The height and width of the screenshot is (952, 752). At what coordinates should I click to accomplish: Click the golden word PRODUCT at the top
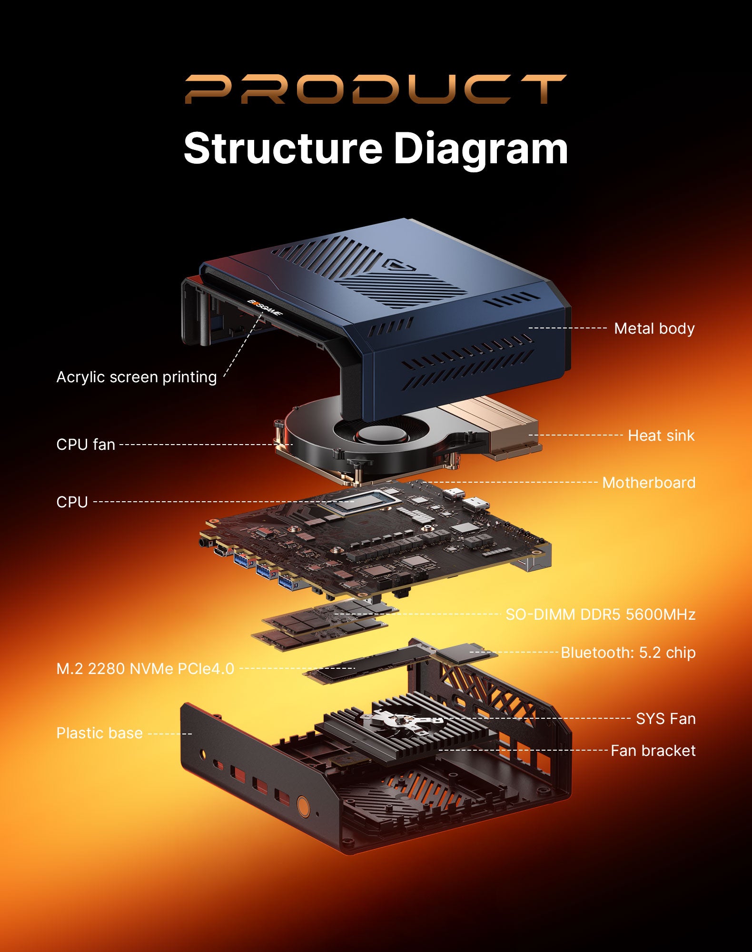point(376,89)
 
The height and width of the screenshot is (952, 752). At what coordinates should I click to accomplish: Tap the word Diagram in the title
point(481,150)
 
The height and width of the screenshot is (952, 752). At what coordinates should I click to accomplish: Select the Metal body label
point(654,328)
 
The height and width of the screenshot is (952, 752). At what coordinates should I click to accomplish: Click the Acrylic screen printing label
point(137,377)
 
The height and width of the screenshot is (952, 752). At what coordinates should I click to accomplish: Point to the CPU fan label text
point(86,445)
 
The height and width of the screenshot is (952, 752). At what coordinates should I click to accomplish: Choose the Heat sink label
point(661,436)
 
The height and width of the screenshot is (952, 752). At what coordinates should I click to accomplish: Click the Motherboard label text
point(648,483)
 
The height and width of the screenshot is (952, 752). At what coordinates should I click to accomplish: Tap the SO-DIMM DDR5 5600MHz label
point(600,615)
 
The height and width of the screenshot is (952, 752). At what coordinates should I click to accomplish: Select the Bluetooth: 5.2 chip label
point(628,653)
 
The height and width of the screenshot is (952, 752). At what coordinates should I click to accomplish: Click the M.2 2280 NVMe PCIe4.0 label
point(145,669)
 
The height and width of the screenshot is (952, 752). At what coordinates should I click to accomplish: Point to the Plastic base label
point(99,733)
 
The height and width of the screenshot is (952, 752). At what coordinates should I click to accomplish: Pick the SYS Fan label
point(665,719)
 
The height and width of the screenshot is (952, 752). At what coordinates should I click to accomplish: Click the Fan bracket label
point(653,751)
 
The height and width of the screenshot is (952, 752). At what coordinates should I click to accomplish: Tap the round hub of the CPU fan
point(383,434)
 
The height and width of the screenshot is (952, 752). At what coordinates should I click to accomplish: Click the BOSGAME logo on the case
point(265,307)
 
